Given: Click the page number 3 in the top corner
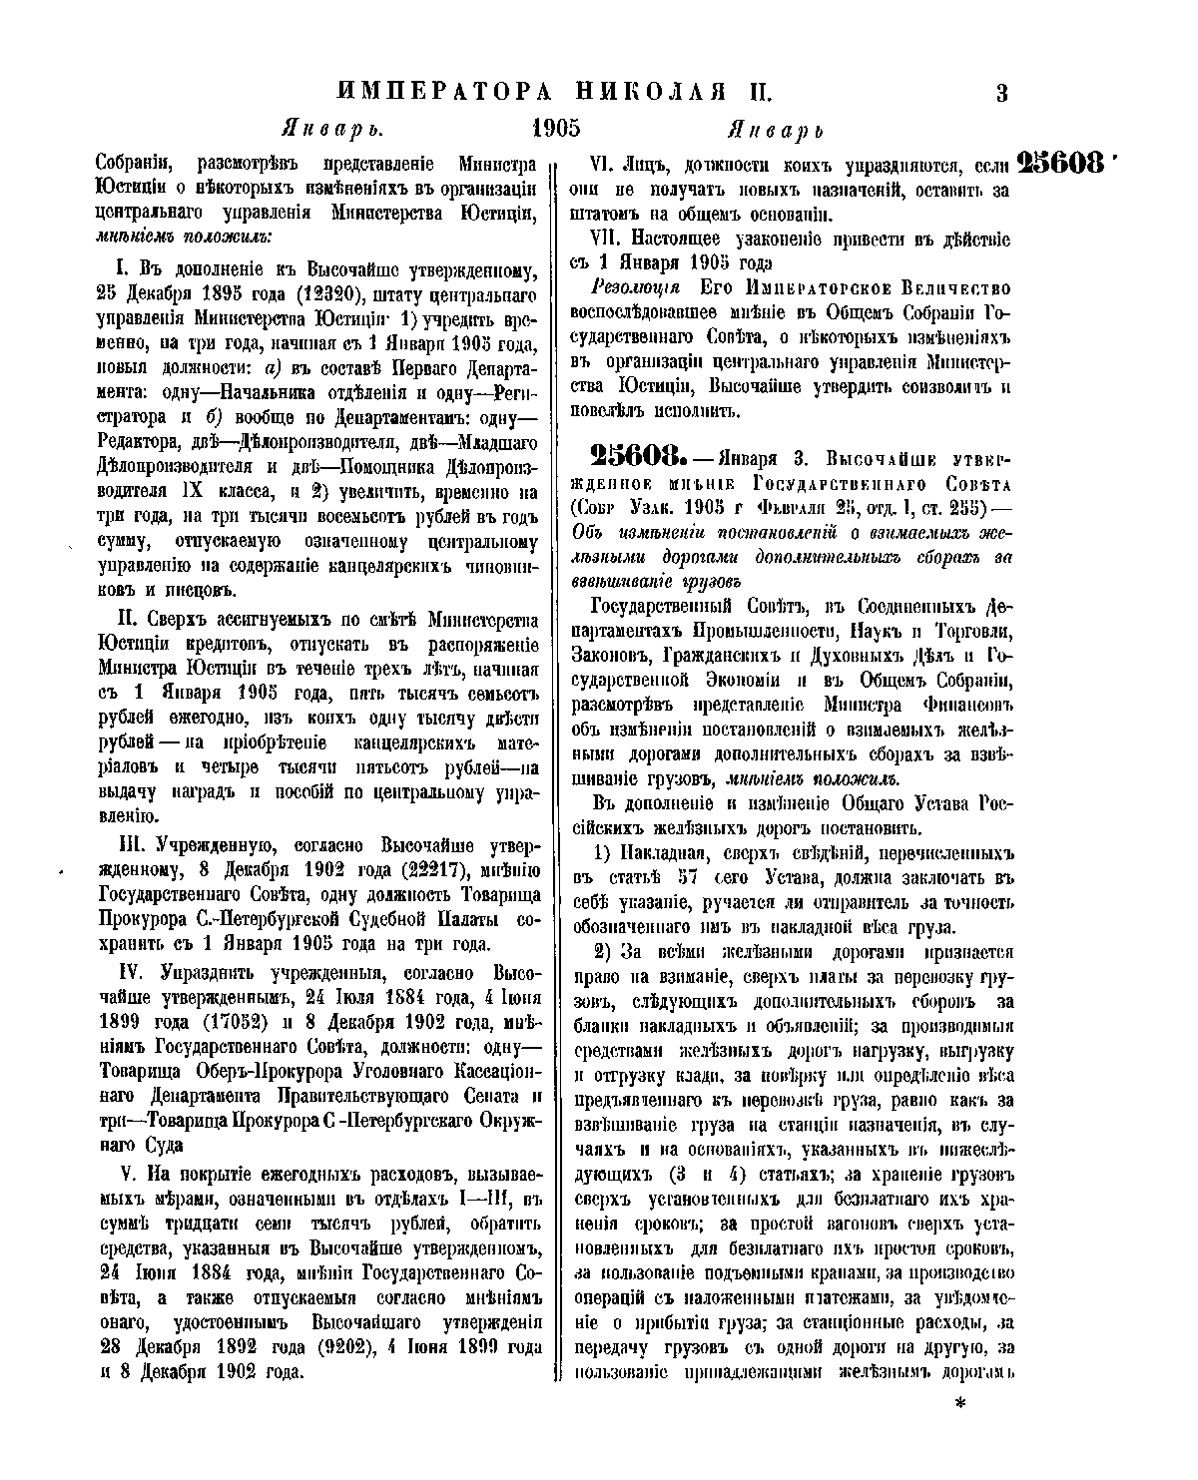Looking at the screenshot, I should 1002,95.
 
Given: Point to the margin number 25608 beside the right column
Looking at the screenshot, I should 1063,163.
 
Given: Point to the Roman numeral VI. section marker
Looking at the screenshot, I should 606,164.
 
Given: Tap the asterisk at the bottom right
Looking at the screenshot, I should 963,1404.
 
